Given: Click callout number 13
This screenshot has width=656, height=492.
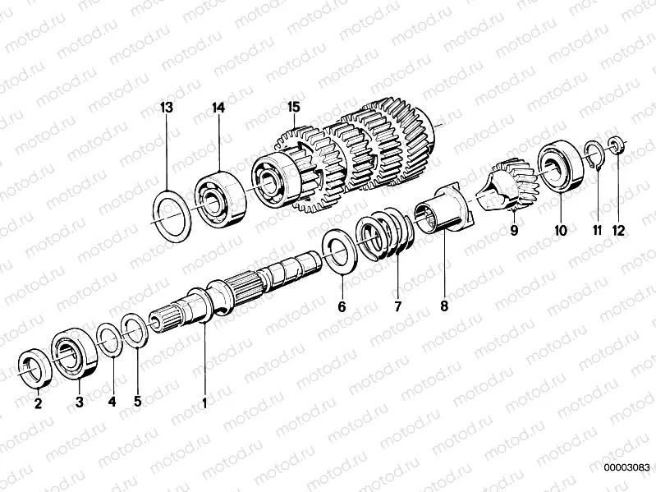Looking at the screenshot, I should point(167,108).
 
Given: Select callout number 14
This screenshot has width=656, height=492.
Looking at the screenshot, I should point(218,108).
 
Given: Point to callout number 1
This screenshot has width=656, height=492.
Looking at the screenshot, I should point(204,402).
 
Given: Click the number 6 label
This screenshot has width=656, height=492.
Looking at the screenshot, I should point(342,308).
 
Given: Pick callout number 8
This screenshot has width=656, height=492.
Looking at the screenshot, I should point(444,308).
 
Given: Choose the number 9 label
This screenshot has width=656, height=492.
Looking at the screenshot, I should point(514,231).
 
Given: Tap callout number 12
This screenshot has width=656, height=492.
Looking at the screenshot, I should point(618,231).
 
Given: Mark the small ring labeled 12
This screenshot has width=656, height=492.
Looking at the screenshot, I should point(617,145).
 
